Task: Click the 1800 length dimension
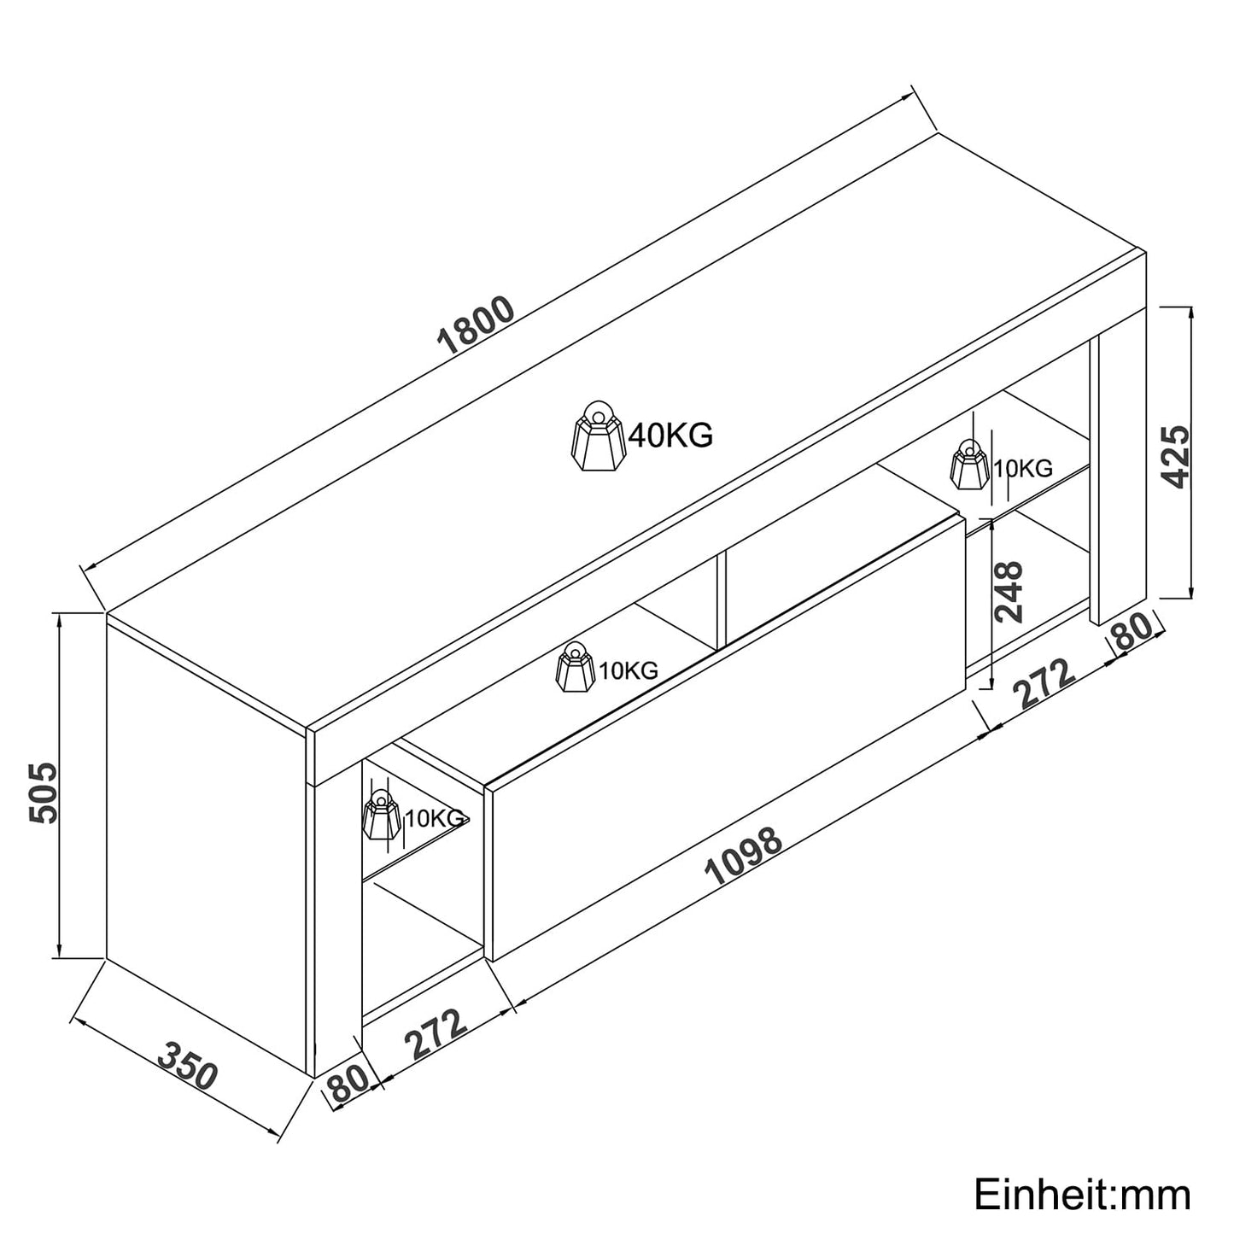(475, 325)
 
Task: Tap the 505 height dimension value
(44, 792)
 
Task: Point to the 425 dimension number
(1175, 457)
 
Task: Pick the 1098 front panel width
(743, 857)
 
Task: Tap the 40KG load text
(670, 436)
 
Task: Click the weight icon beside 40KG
(599, 436)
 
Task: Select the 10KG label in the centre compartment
(629, 670)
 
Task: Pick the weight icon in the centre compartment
(576, 667)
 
